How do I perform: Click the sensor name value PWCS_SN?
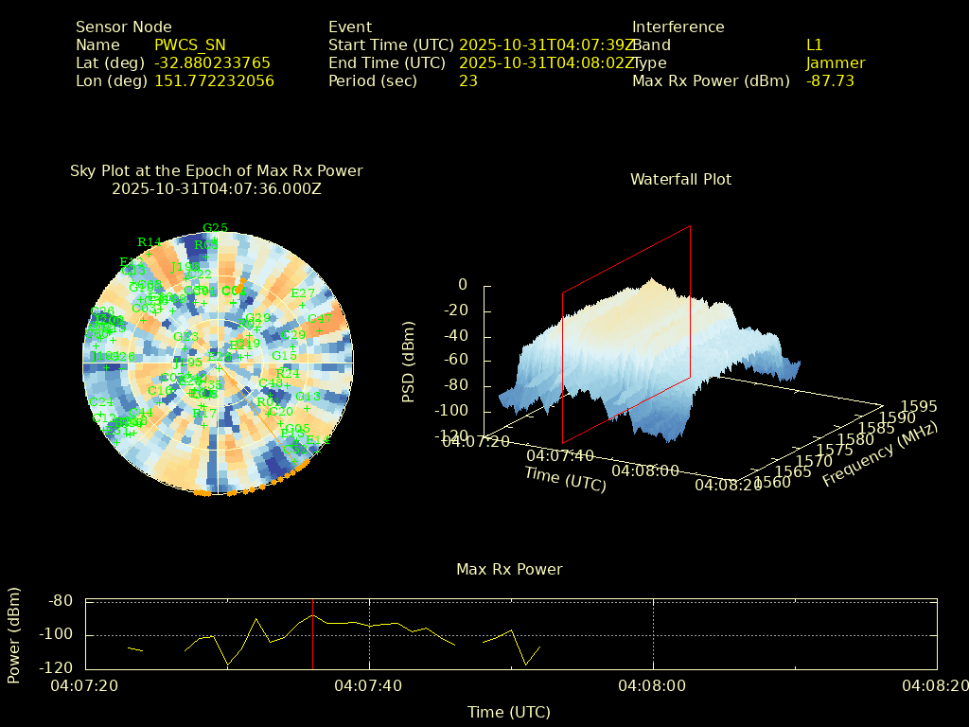(189, 45)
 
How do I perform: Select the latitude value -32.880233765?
(212, 63)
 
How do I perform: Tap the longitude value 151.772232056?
(214, 81)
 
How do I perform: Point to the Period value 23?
(467, 81)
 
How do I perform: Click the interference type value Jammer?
(835, 63)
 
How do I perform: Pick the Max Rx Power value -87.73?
(830, 81)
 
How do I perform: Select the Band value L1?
(814, 45)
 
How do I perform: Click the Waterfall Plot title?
(680, 180)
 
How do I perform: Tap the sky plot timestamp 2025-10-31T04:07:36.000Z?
(216, 189)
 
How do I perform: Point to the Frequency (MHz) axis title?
(879, 454)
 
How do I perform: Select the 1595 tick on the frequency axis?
(920, 406)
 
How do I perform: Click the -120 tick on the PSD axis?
(452, 436)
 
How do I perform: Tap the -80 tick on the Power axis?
(61, 600)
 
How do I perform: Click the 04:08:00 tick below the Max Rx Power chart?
(653, 684)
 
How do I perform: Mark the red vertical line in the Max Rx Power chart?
(312, 634)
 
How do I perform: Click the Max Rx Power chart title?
(509, 570)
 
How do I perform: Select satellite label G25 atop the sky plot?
(215, 228)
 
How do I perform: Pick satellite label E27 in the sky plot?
(303, 293)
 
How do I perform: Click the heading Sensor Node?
(123, 27)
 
